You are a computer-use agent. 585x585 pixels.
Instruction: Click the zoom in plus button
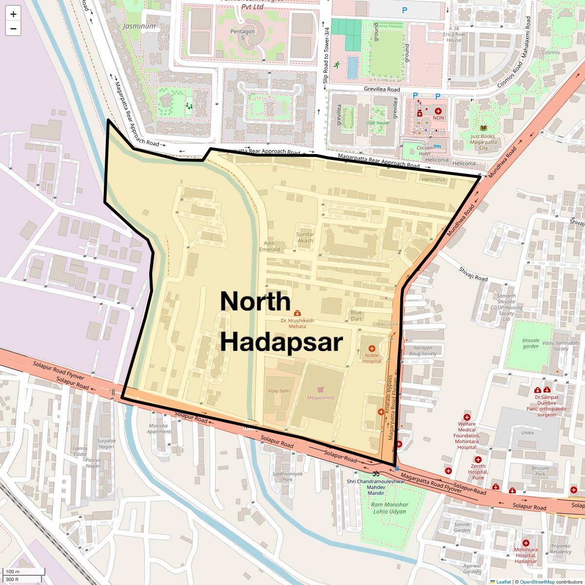click(x=13, y=14)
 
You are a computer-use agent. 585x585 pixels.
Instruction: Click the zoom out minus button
click(x=13, y=29)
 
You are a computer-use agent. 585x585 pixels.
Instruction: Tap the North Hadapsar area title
click(x=281, y=322)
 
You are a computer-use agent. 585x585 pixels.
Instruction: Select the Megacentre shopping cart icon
click(x=320, y=390)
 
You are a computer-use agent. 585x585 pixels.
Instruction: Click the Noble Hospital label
click(x=371, y=358)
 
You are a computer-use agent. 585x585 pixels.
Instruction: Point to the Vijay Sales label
click(x=279, y=391)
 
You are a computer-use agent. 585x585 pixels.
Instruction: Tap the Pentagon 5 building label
click(x=242, y=34)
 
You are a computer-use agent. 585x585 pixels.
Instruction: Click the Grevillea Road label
click(x=382, y=89)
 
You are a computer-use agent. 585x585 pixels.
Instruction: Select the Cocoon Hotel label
click(x=425, y=151)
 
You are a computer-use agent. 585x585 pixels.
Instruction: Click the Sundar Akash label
click(x=305, y=237)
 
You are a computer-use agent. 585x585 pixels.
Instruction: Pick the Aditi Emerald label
click(x=270, y=246)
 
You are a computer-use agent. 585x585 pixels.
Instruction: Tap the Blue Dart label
click(x=356, y=315)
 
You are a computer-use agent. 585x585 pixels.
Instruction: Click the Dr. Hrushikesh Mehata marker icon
click(x=297, y=313)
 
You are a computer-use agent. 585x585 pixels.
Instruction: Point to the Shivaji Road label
click(x=473, y=274)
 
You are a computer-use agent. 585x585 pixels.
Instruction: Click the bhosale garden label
click(x=531, y=343)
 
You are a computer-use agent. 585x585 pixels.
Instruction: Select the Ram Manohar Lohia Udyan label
click(x=390, y=508)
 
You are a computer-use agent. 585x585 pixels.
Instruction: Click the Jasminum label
click(x=139, y=26)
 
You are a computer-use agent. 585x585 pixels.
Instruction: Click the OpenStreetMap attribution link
click(x=537, y=582)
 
